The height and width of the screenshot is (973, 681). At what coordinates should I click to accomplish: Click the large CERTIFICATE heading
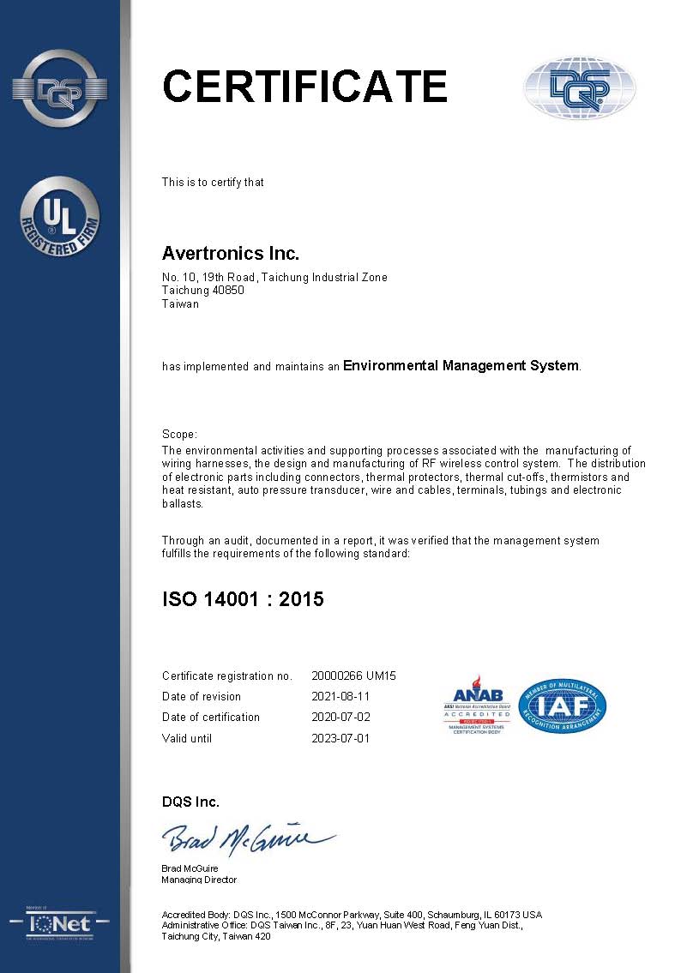(304, 87)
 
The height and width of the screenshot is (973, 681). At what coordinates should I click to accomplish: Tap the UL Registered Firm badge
(60, 216)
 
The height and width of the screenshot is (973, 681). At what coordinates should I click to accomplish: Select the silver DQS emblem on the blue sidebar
(60, 87)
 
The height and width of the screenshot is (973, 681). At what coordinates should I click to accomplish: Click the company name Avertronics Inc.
(230, 254)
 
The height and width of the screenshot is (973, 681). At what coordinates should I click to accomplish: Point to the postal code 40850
(228, 291)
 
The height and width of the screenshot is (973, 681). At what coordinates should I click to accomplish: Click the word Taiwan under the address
(180, 303)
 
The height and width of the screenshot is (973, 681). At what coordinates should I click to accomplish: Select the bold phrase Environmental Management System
(461, 366)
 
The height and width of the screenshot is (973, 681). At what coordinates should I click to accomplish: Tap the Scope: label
(179, 435)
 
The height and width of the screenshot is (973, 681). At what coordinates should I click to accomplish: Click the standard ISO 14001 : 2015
(243, 599)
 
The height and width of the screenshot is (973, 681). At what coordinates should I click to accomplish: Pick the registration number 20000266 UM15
(353, 676)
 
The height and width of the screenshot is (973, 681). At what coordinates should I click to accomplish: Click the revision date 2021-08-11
(340, 696)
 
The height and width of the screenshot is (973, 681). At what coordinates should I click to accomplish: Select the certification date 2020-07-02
(340, 717)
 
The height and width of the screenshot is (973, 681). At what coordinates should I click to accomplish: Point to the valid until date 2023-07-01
(340, 738)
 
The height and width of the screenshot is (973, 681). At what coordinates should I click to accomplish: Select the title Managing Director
(199, 880)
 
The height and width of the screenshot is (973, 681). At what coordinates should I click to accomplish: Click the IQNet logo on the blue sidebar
(60, 924)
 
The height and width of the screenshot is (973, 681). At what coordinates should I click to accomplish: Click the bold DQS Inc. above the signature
(190, 802)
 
